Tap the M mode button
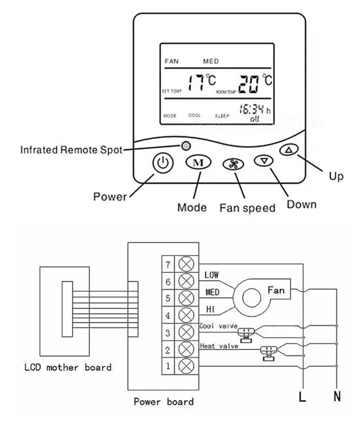196,162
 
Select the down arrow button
264,160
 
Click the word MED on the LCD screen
211,61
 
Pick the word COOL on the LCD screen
194,116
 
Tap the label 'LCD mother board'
67,367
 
